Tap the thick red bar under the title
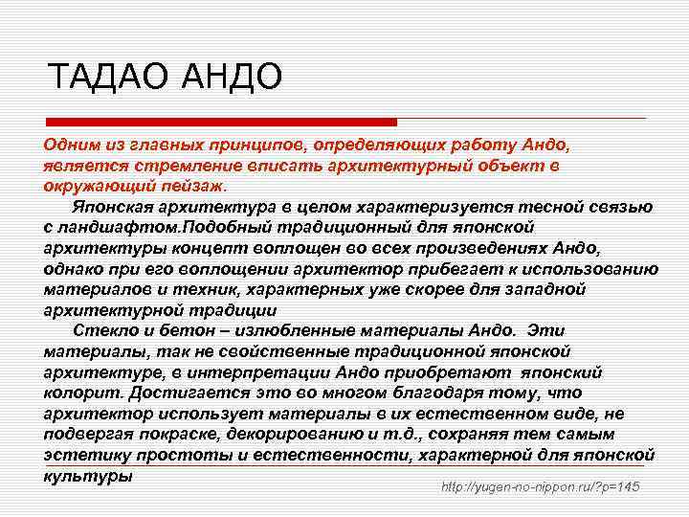[x=221, y=122]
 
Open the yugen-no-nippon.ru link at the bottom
[x=540, y=488]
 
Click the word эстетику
[x=85, y=454]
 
